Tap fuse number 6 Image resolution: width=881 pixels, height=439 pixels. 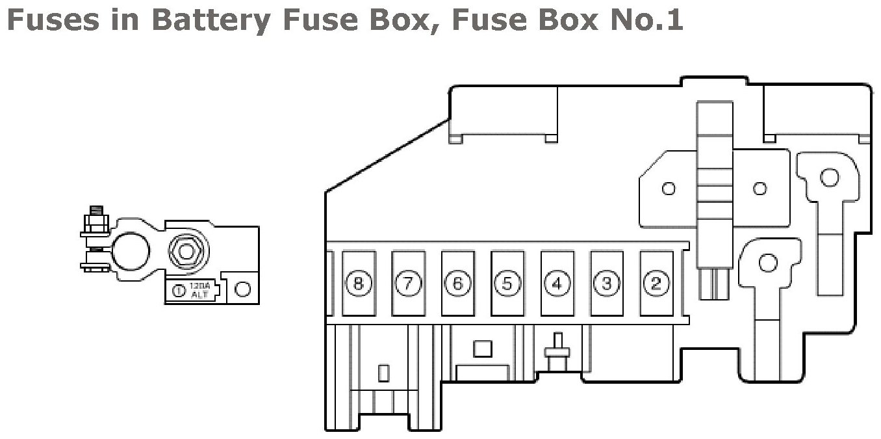tap(457, 284)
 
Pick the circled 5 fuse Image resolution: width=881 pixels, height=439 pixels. tap(507, 284)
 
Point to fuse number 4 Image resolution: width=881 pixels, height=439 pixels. tap(557, 284)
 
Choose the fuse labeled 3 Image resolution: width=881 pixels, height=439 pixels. tap(607, 284)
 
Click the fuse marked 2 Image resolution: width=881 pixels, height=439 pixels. tap(656, 284)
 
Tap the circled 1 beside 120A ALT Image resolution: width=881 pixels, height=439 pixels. tap(178, 290)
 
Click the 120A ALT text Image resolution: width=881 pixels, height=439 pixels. tap(198, 290)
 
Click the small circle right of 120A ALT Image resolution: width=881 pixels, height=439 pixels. tap(242, 289)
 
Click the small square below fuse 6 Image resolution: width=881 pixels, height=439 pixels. tap(483, 348)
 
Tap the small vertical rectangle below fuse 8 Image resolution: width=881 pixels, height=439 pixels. tap(383, 373)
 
